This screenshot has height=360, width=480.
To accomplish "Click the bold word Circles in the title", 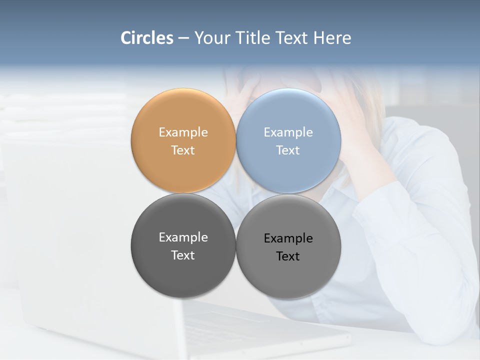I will (147, 38).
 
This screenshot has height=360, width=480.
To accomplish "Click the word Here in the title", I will (332, 38).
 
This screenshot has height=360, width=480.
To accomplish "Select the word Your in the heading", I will (211, 38).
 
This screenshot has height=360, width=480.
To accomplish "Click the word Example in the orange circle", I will (183, 132).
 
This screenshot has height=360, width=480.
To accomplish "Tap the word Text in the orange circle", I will (183, 150).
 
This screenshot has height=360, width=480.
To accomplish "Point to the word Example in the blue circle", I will (288, 132).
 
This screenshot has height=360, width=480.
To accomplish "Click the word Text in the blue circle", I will (288, 150).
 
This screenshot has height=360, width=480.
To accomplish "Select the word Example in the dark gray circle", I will (183, 237).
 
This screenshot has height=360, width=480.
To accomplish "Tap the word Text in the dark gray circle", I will (183, 255).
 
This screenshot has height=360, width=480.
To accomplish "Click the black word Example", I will (288, 238).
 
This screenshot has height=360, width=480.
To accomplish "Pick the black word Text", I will (288, 256).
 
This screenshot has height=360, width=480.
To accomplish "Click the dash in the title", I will (183, 38).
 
